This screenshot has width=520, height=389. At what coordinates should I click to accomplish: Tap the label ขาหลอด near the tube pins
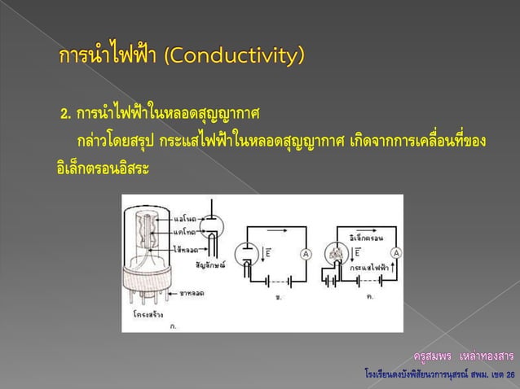tap(192, 292)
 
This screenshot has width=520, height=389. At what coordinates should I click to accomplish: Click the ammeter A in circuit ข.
tap(306, 255)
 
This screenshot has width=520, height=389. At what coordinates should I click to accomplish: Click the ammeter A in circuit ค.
tap(395, 254)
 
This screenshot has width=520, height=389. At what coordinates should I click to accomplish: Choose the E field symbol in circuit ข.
tap(268, 254)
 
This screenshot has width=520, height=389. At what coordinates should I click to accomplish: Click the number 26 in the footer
tap(510, 375)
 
